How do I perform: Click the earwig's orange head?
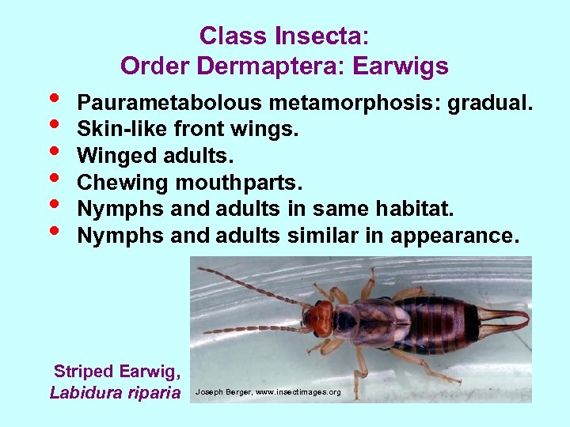321,318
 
